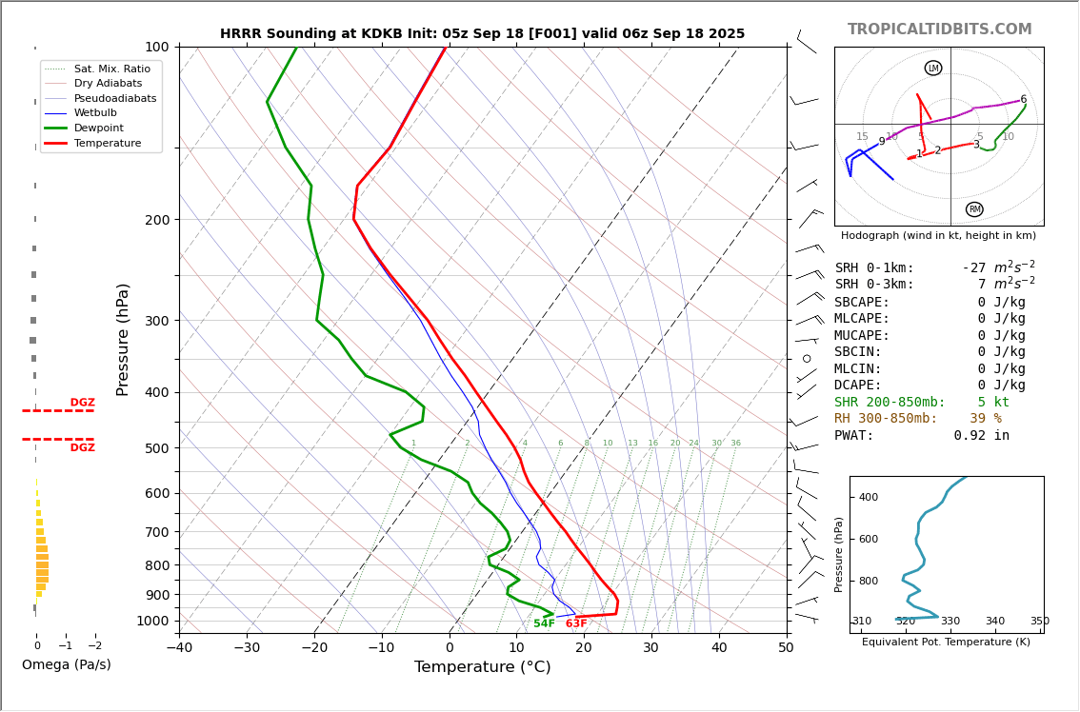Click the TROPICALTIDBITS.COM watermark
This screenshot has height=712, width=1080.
(x=939, y=30)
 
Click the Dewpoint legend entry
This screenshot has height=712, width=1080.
(x=99, y=128)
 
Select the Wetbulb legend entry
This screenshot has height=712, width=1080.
(x=95, y=112)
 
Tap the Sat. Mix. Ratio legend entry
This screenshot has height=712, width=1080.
(x=111, y=69)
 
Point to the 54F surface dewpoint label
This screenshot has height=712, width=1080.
(x=544, y=623)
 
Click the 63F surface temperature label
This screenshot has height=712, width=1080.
(x=576, y=623)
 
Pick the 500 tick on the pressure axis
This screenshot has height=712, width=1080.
(x=156, y=447)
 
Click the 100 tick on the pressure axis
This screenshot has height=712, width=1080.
(x=156, y=47)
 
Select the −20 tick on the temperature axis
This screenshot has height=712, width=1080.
(x=314, y=648)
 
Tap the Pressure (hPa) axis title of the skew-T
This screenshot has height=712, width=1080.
(x=123, y=339)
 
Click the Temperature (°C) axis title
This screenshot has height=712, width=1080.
(x=482, y=667)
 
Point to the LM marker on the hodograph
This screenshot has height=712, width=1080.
(x=933, y=68)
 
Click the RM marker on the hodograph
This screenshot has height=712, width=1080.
(x=974, y=209)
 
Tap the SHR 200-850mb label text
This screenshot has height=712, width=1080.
(x=890, y=403)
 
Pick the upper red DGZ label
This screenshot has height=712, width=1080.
(x=83, y=403)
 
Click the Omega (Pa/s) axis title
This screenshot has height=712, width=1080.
(x=66, y=664)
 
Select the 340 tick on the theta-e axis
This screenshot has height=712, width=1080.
(x=994, y=622)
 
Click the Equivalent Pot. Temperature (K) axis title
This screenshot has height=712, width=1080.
(x=946, y=643)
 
